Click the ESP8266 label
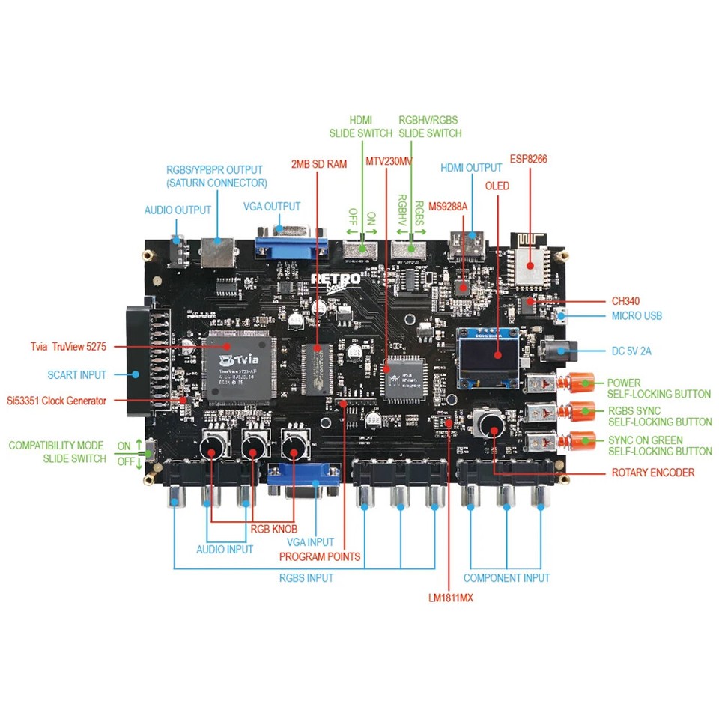click(x=530, y=159)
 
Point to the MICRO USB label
click(x=637, y=315)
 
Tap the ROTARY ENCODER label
click(x=652, y=473)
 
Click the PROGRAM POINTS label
click(x=320, y=556)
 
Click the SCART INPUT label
click(x=77, y=374)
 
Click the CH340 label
click(x=625, y=300)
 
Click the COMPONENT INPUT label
click(x=506, y=578)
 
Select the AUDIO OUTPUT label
click(x=178, y=210)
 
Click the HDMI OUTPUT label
click(x=471, y=168)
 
